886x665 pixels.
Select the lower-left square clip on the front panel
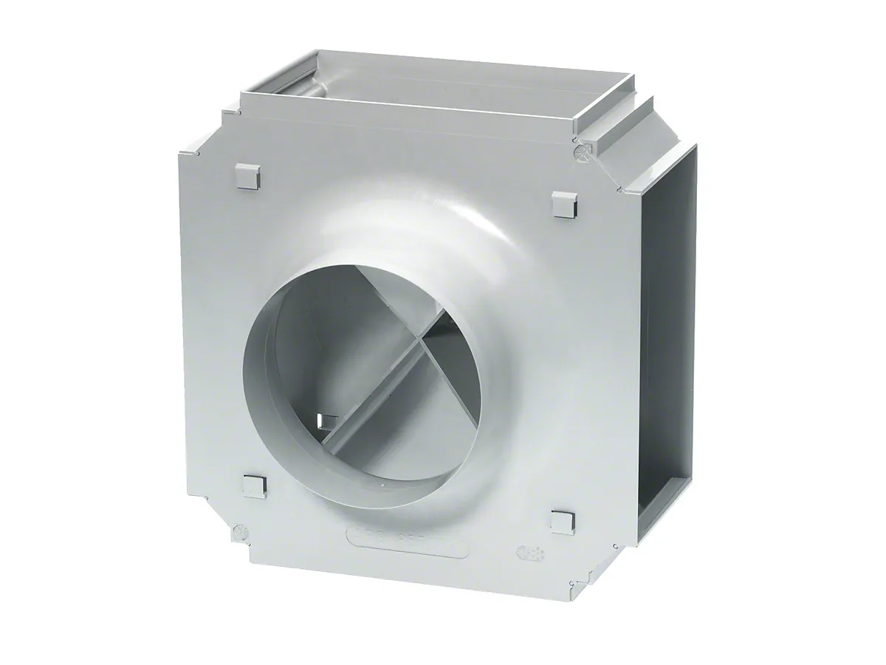pyautogui.click(x=253, y=486)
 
